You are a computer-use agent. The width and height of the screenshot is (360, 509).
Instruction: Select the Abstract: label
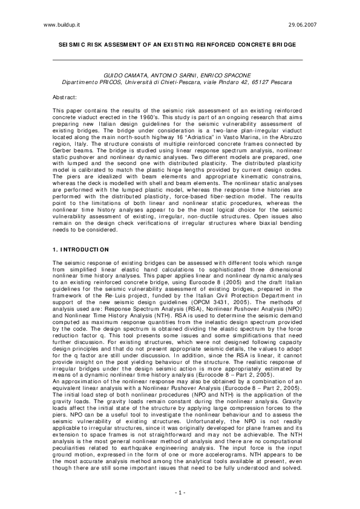65,97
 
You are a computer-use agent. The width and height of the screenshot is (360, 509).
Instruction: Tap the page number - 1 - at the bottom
180,493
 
